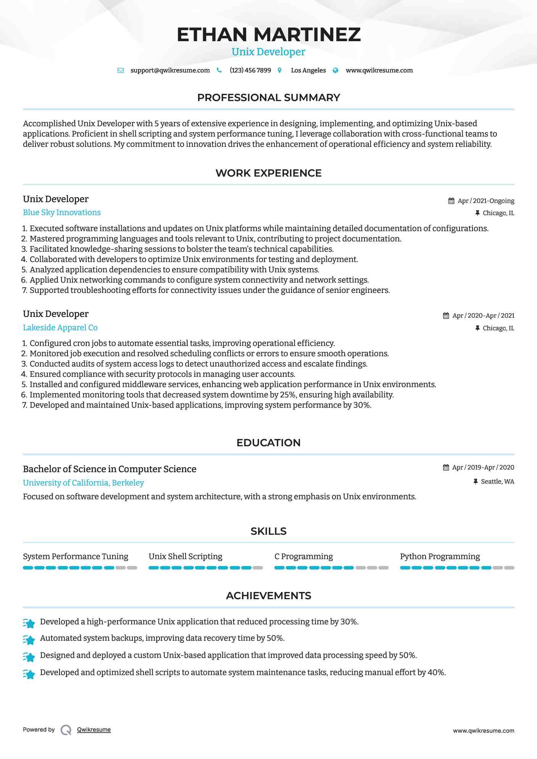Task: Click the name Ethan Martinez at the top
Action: coord(268,34)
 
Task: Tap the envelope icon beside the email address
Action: coord(121,71)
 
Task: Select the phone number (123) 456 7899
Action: coord(250,71)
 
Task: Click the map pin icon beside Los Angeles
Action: coord(280,71)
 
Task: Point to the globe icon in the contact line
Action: coord(335,71)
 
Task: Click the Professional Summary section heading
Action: coord(268,98)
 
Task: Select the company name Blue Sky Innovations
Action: coord(62,212)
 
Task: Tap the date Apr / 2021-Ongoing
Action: coord(486,201)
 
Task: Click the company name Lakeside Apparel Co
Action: coord(60,328)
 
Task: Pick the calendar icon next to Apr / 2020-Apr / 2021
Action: coord(446,316)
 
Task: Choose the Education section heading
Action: coord(268,443)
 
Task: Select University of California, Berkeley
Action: coord(84,483)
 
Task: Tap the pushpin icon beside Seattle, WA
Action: coord(476,482)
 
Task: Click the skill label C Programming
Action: coord(303,556)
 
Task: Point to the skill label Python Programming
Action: coord(440,556)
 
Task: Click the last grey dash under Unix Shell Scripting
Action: coord(258,568)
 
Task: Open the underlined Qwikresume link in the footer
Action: coord(94,730)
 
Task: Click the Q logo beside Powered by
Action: coord(66,730)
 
